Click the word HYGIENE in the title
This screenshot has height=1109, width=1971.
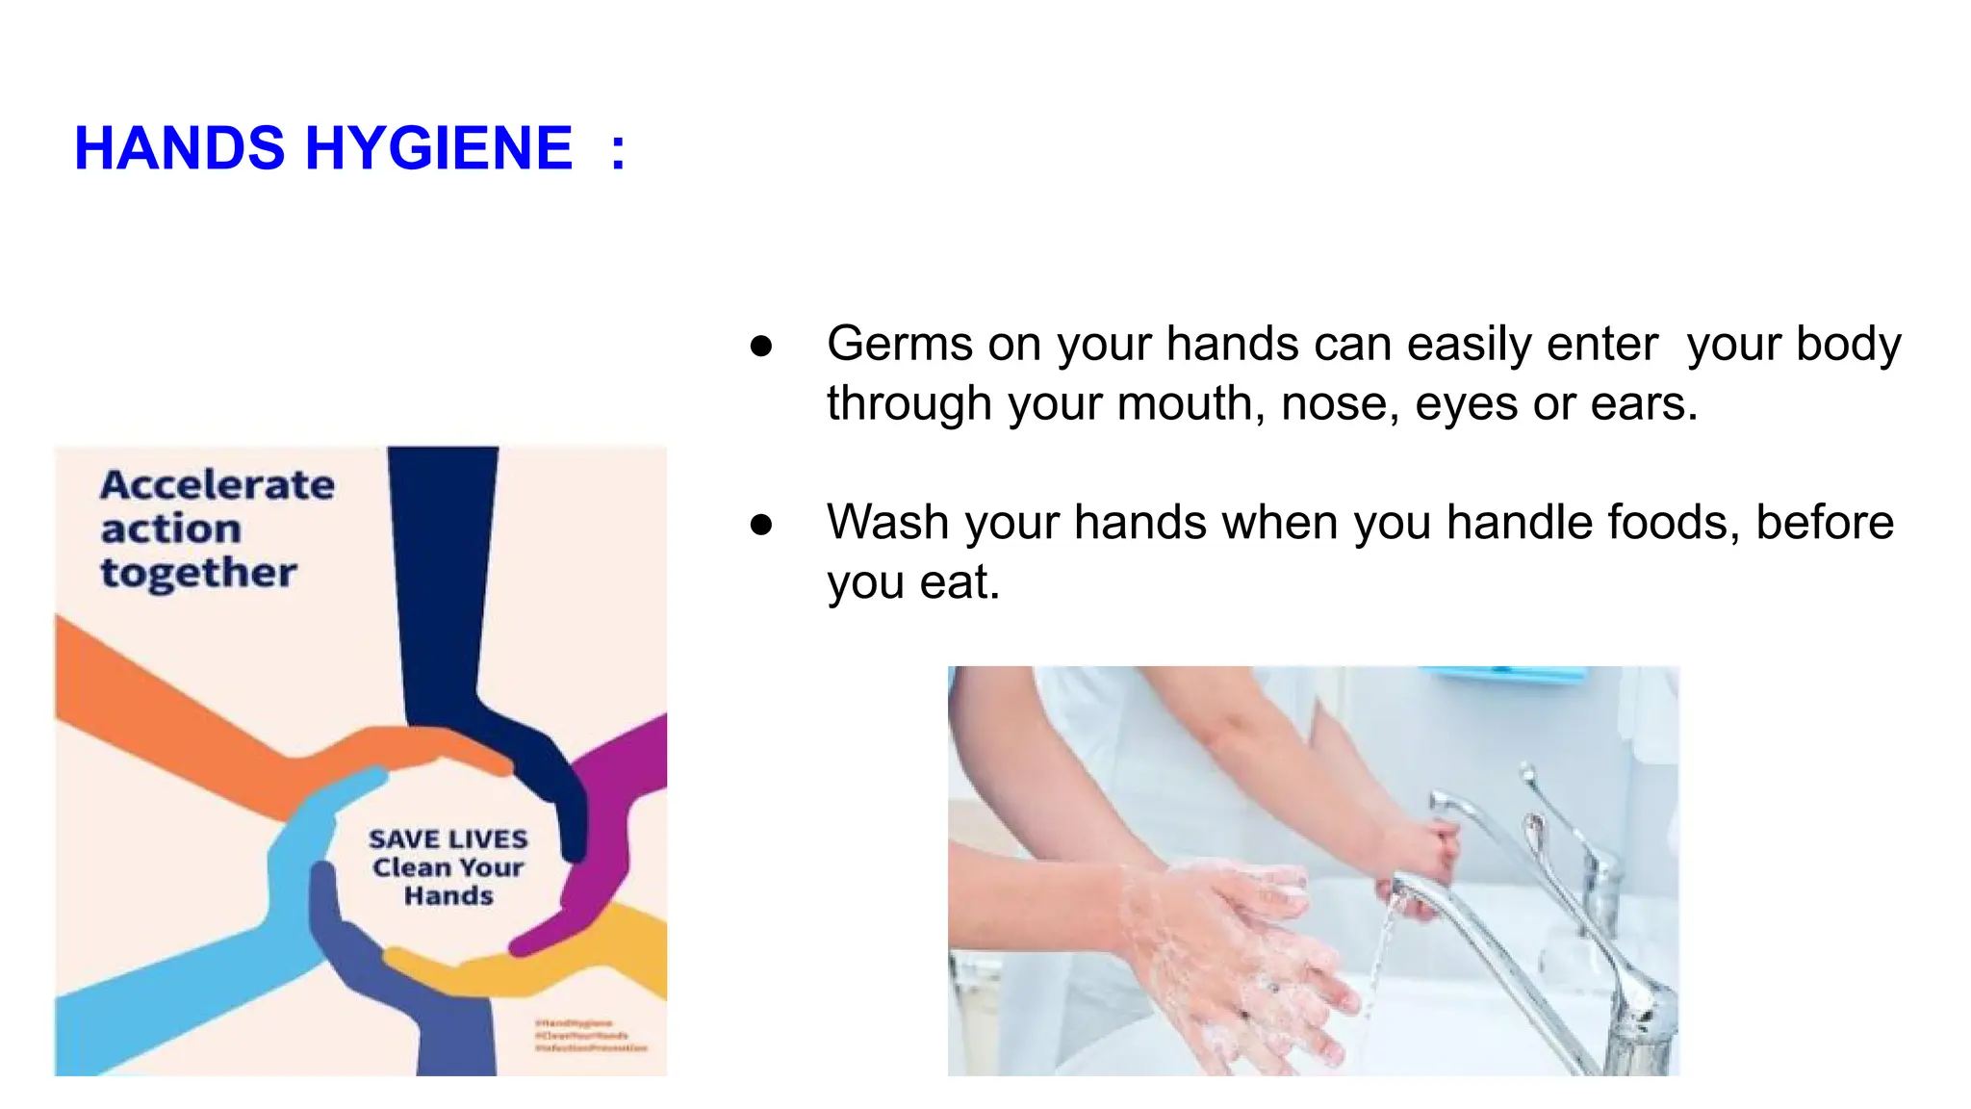point(439,148)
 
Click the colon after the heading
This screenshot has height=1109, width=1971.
point(618,152)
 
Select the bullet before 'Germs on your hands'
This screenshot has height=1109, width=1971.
point(761,346)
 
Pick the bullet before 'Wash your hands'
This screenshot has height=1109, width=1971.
point(761,525)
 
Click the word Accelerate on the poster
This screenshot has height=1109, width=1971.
point(218,484)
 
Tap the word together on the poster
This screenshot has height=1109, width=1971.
point(198,573)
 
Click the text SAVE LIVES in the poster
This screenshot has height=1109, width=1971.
point(448,839)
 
